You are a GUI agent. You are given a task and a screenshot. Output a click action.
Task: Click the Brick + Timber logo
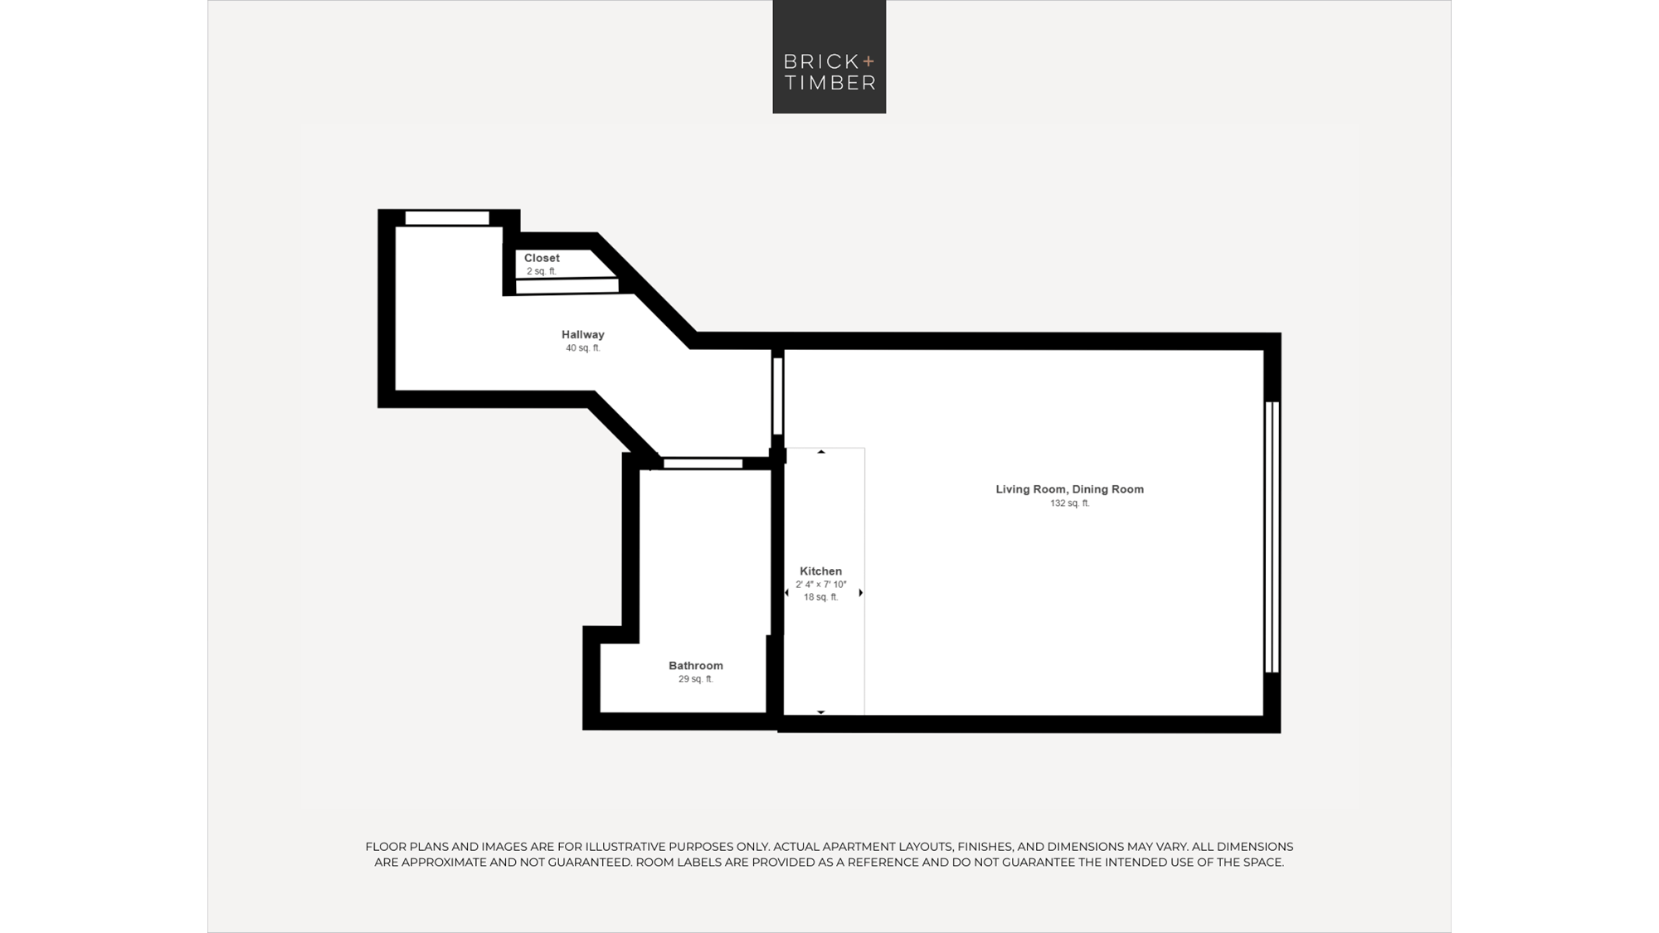click(829, 56)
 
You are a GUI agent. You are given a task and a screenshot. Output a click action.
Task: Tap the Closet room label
click(542, 258)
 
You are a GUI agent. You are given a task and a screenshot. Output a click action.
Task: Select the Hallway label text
click(583, 334)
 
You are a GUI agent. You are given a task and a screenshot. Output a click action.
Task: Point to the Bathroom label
click(696, 665)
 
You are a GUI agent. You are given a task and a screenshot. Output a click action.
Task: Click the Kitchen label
click(820, 571)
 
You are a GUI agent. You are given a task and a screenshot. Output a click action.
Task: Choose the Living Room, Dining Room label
click(1070, 489)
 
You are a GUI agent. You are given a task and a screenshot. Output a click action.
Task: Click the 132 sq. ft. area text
click(1070, 503)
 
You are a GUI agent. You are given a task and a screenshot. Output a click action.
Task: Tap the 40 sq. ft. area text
click(583, 348)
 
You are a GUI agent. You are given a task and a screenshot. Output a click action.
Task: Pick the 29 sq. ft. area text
click(696, 679)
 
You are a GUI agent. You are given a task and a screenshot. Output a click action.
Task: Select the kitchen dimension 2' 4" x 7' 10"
click(821, 585)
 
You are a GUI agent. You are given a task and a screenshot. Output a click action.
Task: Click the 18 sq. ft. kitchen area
click(821, 597)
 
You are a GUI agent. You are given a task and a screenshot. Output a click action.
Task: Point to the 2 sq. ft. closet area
click(542, 271)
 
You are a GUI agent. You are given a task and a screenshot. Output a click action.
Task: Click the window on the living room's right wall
click(1272, 537)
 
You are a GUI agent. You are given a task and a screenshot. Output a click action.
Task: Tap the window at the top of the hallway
click(447, 218)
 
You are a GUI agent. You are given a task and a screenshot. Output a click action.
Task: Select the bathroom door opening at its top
click(703, 464)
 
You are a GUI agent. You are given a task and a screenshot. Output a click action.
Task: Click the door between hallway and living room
click(778, 396)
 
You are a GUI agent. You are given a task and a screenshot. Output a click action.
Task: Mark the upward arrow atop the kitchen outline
click(821, 452)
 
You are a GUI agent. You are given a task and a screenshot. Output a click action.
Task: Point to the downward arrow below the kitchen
click(821, 712)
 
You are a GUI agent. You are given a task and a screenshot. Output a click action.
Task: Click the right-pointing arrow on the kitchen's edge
click(861, 593)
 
